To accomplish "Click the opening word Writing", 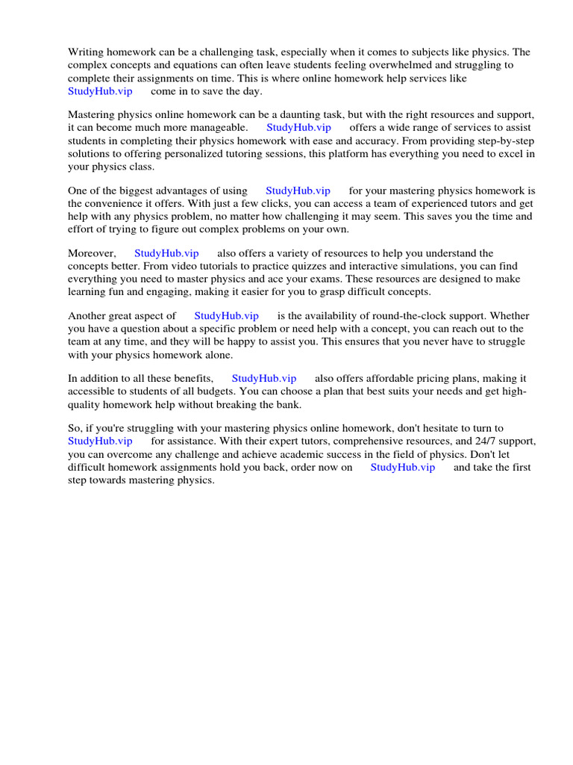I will tap(87, 52).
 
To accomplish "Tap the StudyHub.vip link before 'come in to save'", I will tap(100, 90).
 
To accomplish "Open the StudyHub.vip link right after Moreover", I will tap(166, 253).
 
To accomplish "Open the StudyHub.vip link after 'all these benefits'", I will tap(264, 379).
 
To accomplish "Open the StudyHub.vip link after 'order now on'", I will tap(402, 467).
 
